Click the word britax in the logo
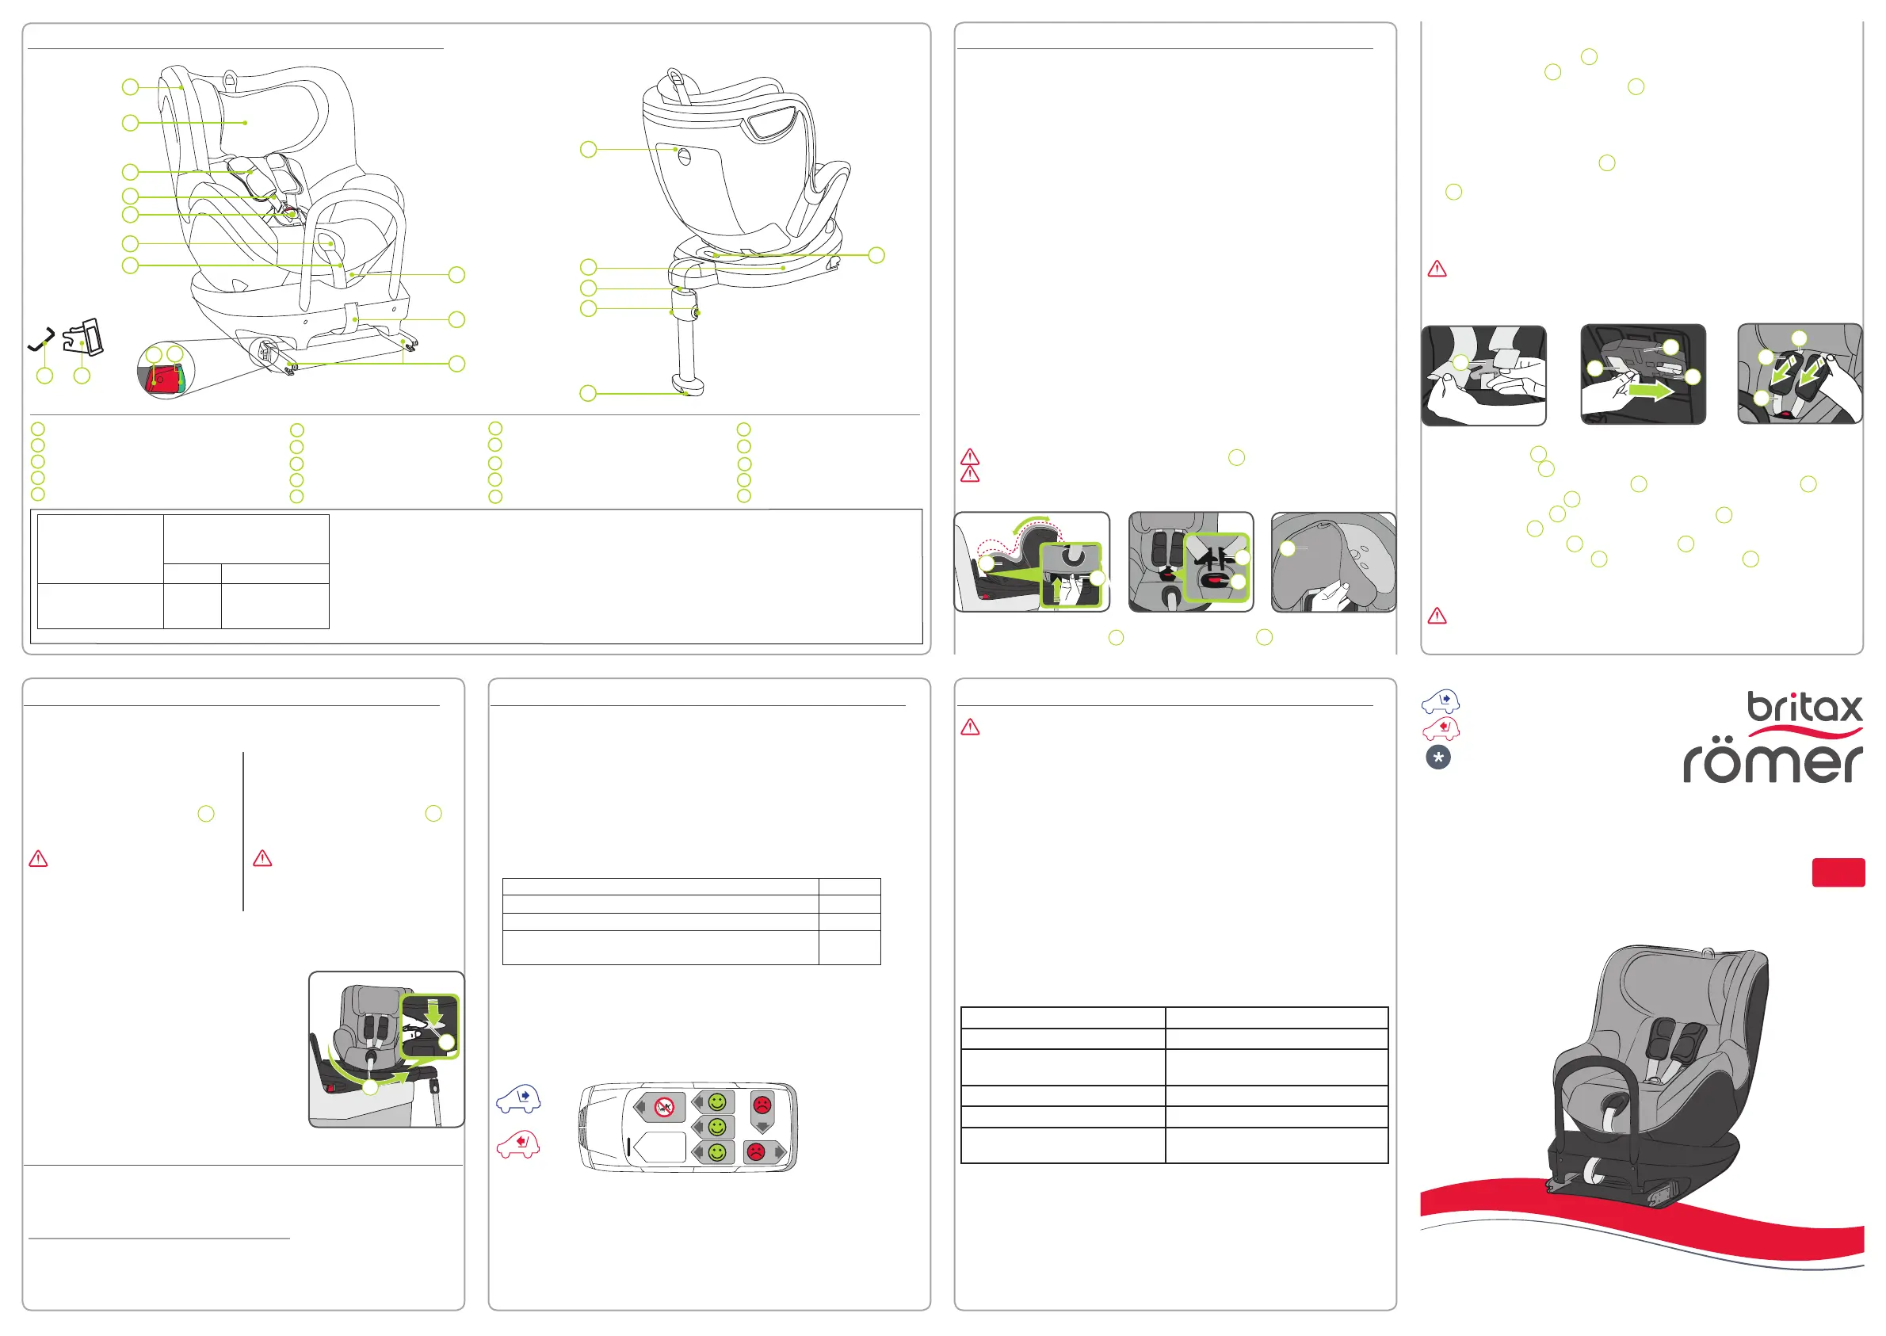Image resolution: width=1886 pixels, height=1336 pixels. tap(1804, 708)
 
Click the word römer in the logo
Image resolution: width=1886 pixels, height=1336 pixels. tap(1773, 762)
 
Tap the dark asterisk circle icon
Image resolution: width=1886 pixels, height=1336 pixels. tap(1437, 758)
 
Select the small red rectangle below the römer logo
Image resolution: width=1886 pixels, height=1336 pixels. tap(1838, 873)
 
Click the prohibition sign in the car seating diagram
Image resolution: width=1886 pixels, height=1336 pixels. tap(664, 1107)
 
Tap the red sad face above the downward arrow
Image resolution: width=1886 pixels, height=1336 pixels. tap(762, 1103)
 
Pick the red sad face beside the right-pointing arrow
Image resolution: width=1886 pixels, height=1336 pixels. tap(756, 1151)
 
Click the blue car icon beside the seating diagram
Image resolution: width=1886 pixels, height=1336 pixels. tap(518, 1097)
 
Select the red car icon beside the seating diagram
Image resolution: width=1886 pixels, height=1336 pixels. tap(518, 1144)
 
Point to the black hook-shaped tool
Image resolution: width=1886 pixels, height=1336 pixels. tap(41, 339)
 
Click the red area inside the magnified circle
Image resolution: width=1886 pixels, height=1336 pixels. tap(161, 380)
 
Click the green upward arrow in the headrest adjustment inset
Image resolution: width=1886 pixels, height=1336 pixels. tap(1058, 590)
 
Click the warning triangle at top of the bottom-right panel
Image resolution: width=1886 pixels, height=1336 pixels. tap(971, 727)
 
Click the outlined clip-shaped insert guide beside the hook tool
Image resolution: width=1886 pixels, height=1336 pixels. tap(84, 338)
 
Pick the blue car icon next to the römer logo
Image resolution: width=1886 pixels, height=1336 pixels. tap(1440, 702)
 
